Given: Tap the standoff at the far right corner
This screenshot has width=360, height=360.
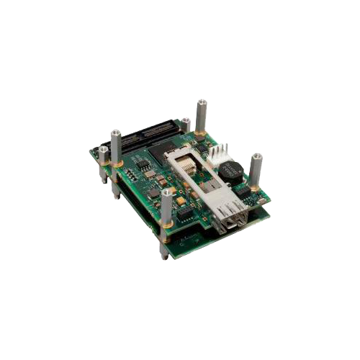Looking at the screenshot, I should click(256, 169).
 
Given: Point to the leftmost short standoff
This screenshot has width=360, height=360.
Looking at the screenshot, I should click(103, 154).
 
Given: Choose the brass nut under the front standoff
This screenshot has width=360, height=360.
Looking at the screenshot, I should click(167, 232).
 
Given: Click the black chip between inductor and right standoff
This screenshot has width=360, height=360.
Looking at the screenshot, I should click(245, 191).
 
